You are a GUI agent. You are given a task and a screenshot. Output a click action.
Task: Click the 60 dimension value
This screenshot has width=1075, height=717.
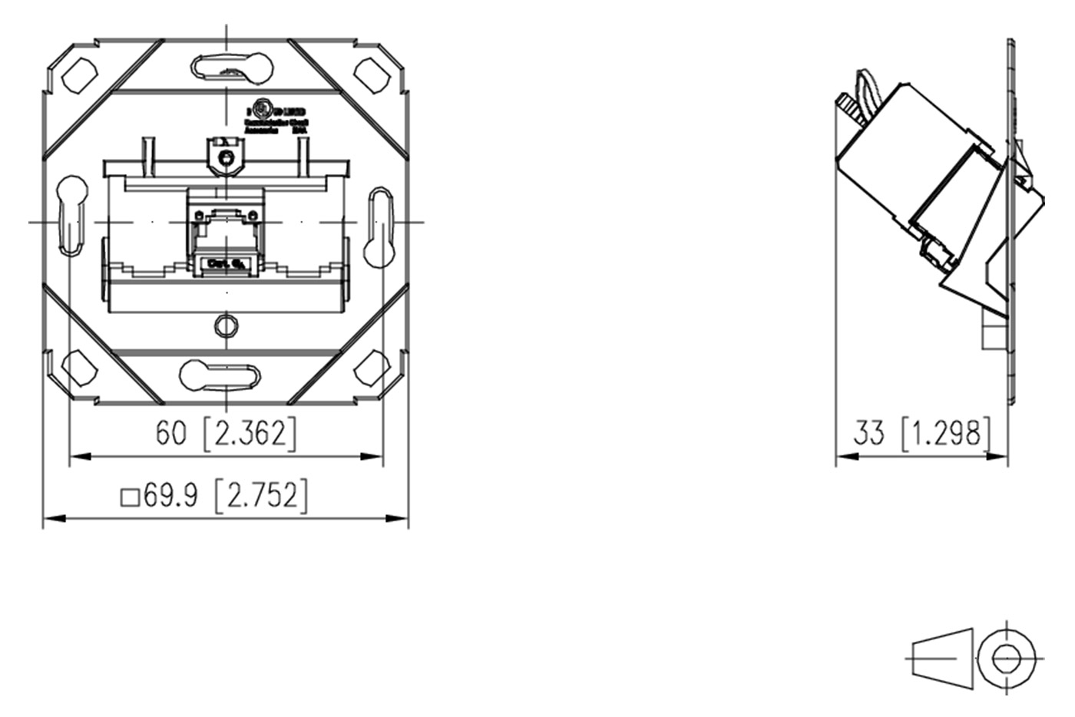point(170,433)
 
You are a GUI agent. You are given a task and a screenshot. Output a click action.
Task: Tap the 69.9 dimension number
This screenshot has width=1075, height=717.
point(170,495)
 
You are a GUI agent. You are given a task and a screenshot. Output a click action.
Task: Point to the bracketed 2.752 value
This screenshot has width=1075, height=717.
point(261,495)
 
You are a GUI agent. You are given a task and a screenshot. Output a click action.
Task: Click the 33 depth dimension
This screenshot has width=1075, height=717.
point(869,433)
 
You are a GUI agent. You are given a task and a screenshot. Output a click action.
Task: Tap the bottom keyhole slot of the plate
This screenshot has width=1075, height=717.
point(220,375)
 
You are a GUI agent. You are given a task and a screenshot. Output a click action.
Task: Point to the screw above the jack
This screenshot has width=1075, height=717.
point(226,159)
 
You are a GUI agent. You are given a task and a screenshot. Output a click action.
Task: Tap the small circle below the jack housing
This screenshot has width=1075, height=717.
point(225,325)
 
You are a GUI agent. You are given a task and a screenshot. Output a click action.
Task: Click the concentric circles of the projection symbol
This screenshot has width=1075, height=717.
point(1006,658)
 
